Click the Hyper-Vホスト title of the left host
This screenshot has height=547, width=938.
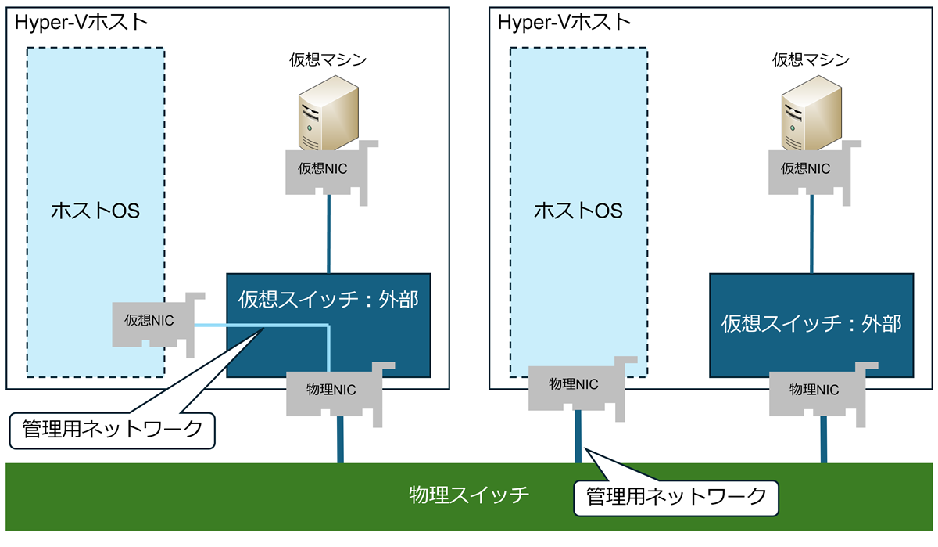[x=81, y=22]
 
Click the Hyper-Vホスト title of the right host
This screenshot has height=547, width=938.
[x=564, y=22]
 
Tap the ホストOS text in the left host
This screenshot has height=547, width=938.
[x=95, y=211]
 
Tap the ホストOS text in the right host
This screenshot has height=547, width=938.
[x=578, y=211]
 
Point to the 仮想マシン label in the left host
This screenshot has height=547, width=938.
[x=328, y=60]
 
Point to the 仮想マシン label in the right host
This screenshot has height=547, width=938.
[x=811, y=60]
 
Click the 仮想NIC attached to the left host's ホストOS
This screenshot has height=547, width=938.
[x=149, y=320]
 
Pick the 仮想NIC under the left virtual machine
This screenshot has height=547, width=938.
[x=323, y=168]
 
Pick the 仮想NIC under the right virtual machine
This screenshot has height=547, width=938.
[x=806, y=168]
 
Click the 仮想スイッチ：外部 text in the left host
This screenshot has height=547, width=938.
[x=328, y=300]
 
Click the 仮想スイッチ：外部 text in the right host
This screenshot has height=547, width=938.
[x=811, y=323]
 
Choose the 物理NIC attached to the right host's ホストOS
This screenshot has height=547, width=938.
[x=574, y=384]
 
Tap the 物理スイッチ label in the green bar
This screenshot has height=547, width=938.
[x=470, y=495]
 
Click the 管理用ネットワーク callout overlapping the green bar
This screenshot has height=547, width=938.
[x=677, y=495]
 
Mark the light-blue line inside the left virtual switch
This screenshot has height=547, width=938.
[x=297, y=326]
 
